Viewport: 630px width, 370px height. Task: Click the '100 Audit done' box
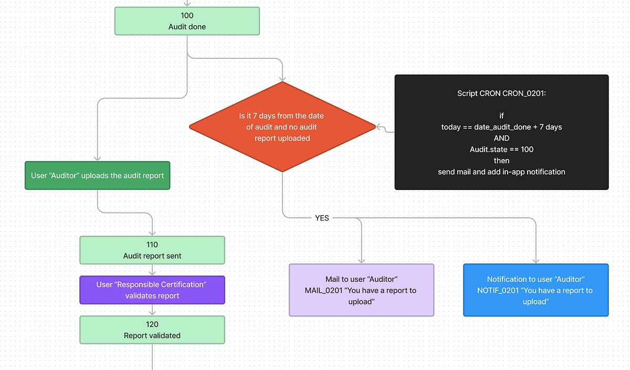(187, 21)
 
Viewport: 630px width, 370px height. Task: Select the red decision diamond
(282, 126)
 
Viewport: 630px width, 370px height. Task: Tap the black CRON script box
(501, 132)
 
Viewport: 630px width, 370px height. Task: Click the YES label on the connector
(322, 218)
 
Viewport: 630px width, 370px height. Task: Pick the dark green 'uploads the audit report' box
(97, 175)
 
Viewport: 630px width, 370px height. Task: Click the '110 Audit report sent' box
(152, 250)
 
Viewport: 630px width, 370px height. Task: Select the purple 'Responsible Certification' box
(152, 290)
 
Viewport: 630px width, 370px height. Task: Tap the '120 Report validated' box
(152, 330)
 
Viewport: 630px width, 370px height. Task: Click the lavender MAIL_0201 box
(361, 290)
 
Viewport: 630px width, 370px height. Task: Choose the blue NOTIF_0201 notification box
(535, 290)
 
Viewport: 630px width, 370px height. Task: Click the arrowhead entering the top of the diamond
(282, 78)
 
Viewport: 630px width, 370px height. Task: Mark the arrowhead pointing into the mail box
(361, 260)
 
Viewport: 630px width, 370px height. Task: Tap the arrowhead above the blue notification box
(535, 260)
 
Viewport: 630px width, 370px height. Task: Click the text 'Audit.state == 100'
(501, 150)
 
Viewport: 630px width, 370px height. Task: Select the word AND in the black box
(501, 138)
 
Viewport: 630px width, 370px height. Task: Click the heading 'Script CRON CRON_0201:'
(501, 93)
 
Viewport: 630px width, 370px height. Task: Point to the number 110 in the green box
(152, 245)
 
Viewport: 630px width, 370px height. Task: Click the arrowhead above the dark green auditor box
(97, 158)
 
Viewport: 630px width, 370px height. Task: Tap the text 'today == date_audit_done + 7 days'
(501, 127)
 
